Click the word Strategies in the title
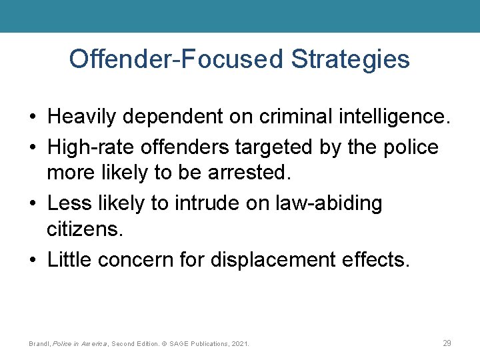[x=350, y=59]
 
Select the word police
[x=411, y=146]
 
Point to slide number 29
[x=447, y=343]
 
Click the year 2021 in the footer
[x=240, y=344]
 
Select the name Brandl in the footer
[x=39, y=344]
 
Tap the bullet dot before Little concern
[x=33, y=259]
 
